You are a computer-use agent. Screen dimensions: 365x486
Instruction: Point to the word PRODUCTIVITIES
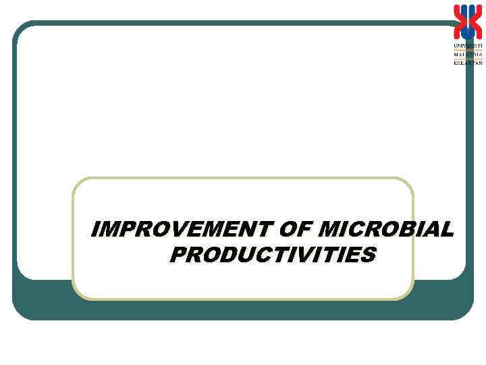273,255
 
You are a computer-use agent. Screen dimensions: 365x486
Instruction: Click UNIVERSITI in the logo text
468,45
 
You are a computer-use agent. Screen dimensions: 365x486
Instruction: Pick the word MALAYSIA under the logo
468,54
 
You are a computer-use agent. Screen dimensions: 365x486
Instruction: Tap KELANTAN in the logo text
468,63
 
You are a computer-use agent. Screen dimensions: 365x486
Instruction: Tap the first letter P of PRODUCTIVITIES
178,255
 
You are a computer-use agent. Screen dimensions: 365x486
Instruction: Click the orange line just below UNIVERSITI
468,49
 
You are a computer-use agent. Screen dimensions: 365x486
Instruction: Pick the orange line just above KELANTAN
468,58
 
